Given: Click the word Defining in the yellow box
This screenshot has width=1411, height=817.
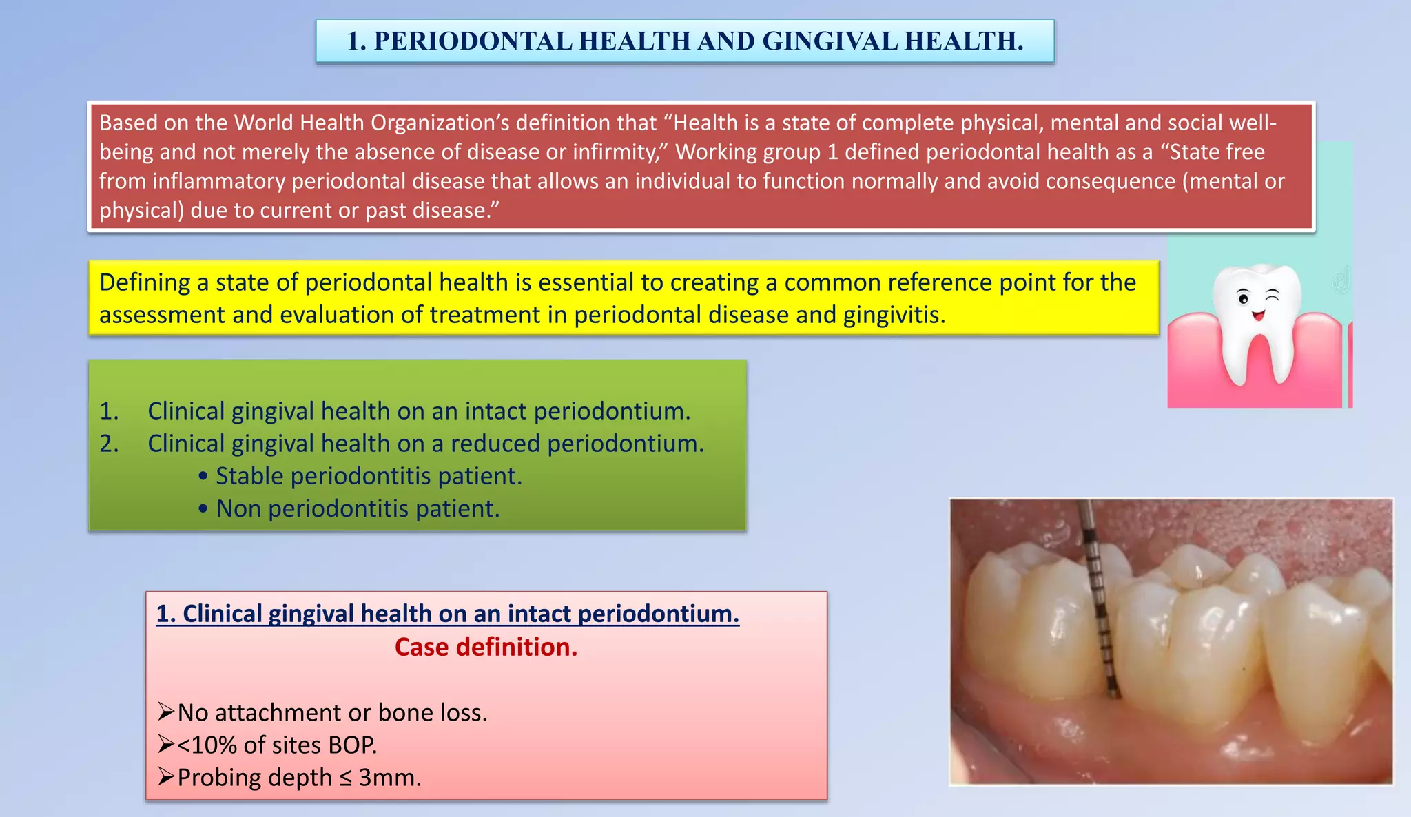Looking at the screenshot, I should click(x=145, y=282).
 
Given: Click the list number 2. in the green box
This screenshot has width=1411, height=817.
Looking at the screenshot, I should click(x=109, y=444).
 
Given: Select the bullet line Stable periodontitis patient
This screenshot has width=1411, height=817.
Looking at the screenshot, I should click(x=369, y=476).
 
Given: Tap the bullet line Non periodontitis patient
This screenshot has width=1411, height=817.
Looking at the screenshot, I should click(x=358, y=509).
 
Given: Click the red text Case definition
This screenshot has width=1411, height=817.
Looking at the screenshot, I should click(x=486, y=647).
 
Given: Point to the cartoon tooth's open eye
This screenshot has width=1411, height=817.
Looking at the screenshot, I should click(x=1244, y=299).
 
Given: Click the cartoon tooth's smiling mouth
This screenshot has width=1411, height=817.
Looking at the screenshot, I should click(x=1258, y=316).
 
